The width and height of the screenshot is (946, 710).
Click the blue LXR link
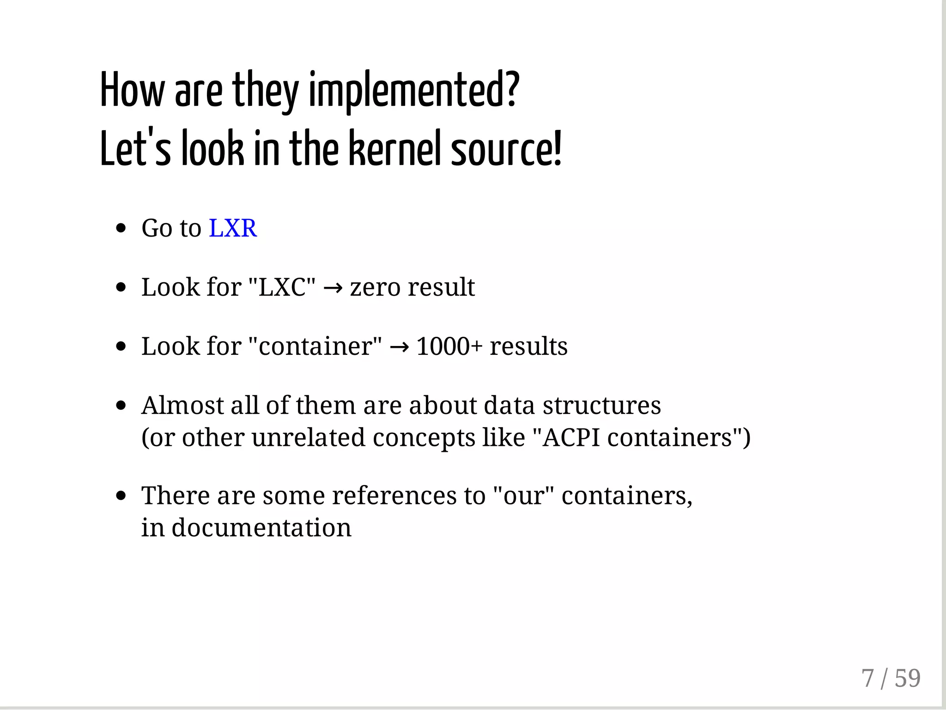[233, 228]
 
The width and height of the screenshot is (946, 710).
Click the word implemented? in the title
[414, 91]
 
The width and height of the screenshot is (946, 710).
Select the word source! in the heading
[506, 149]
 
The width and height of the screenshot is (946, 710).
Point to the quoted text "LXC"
[282, 287]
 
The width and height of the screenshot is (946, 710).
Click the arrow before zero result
[333, 288]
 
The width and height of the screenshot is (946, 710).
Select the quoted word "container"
[315, 346]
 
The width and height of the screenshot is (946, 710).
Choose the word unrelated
[309, 437]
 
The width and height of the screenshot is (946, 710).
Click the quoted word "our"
[523, 496]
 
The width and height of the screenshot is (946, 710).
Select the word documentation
[261, 528]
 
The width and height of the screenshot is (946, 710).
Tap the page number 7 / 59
[891, 679]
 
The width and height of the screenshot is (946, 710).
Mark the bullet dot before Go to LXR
[121, 228]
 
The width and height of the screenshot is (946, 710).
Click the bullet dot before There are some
[121, 496]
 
